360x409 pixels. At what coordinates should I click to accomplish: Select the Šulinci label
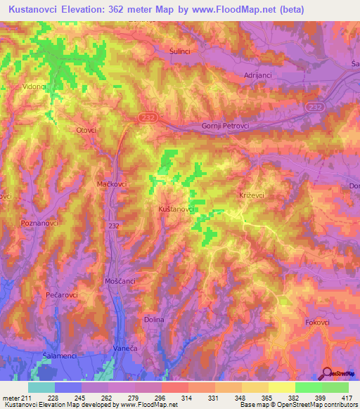tap(181, 51)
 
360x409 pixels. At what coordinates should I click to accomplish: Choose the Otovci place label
tap(86, 130)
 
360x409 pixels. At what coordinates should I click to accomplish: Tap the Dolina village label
tap(154, 320)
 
